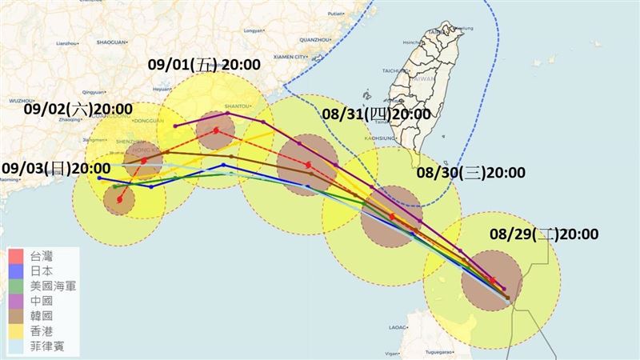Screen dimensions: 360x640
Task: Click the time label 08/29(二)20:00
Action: (544, 234)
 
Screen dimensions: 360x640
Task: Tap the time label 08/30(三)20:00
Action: (471, 173)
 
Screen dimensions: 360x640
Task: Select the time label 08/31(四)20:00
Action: (377, 114)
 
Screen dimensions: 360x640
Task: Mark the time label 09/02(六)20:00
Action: (78, 109)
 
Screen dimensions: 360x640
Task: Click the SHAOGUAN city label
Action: (112, 40)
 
